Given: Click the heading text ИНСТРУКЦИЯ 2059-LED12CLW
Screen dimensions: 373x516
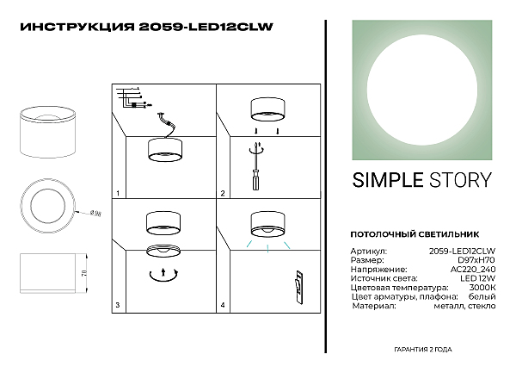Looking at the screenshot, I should pyautogui.click(x=145, y=26).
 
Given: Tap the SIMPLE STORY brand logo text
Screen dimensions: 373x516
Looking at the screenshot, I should pyautogui.click(x=421, y=180).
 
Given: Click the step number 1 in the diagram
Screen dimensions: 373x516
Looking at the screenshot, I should pyautogui.click(x=118, y=193).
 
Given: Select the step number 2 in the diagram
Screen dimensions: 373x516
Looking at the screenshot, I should pyautogui.click(x=223, y=193).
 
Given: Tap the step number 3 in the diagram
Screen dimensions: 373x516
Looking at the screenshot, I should pyautogui.click(x=118, y=304).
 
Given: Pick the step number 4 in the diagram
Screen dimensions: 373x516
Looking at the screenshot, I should pyautogui.click(x=223, y=304).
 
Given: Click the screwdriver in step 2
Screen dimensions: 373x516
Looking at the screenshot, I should pyautogui.click(x=255, y=178).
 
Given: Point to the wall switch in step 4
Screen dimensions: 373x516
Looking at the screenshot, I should pyautogui.click(x=298, y=285).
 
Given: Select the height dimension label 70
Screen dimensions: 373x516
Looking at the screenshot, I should pyautogui.click(x=84, y=274).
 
